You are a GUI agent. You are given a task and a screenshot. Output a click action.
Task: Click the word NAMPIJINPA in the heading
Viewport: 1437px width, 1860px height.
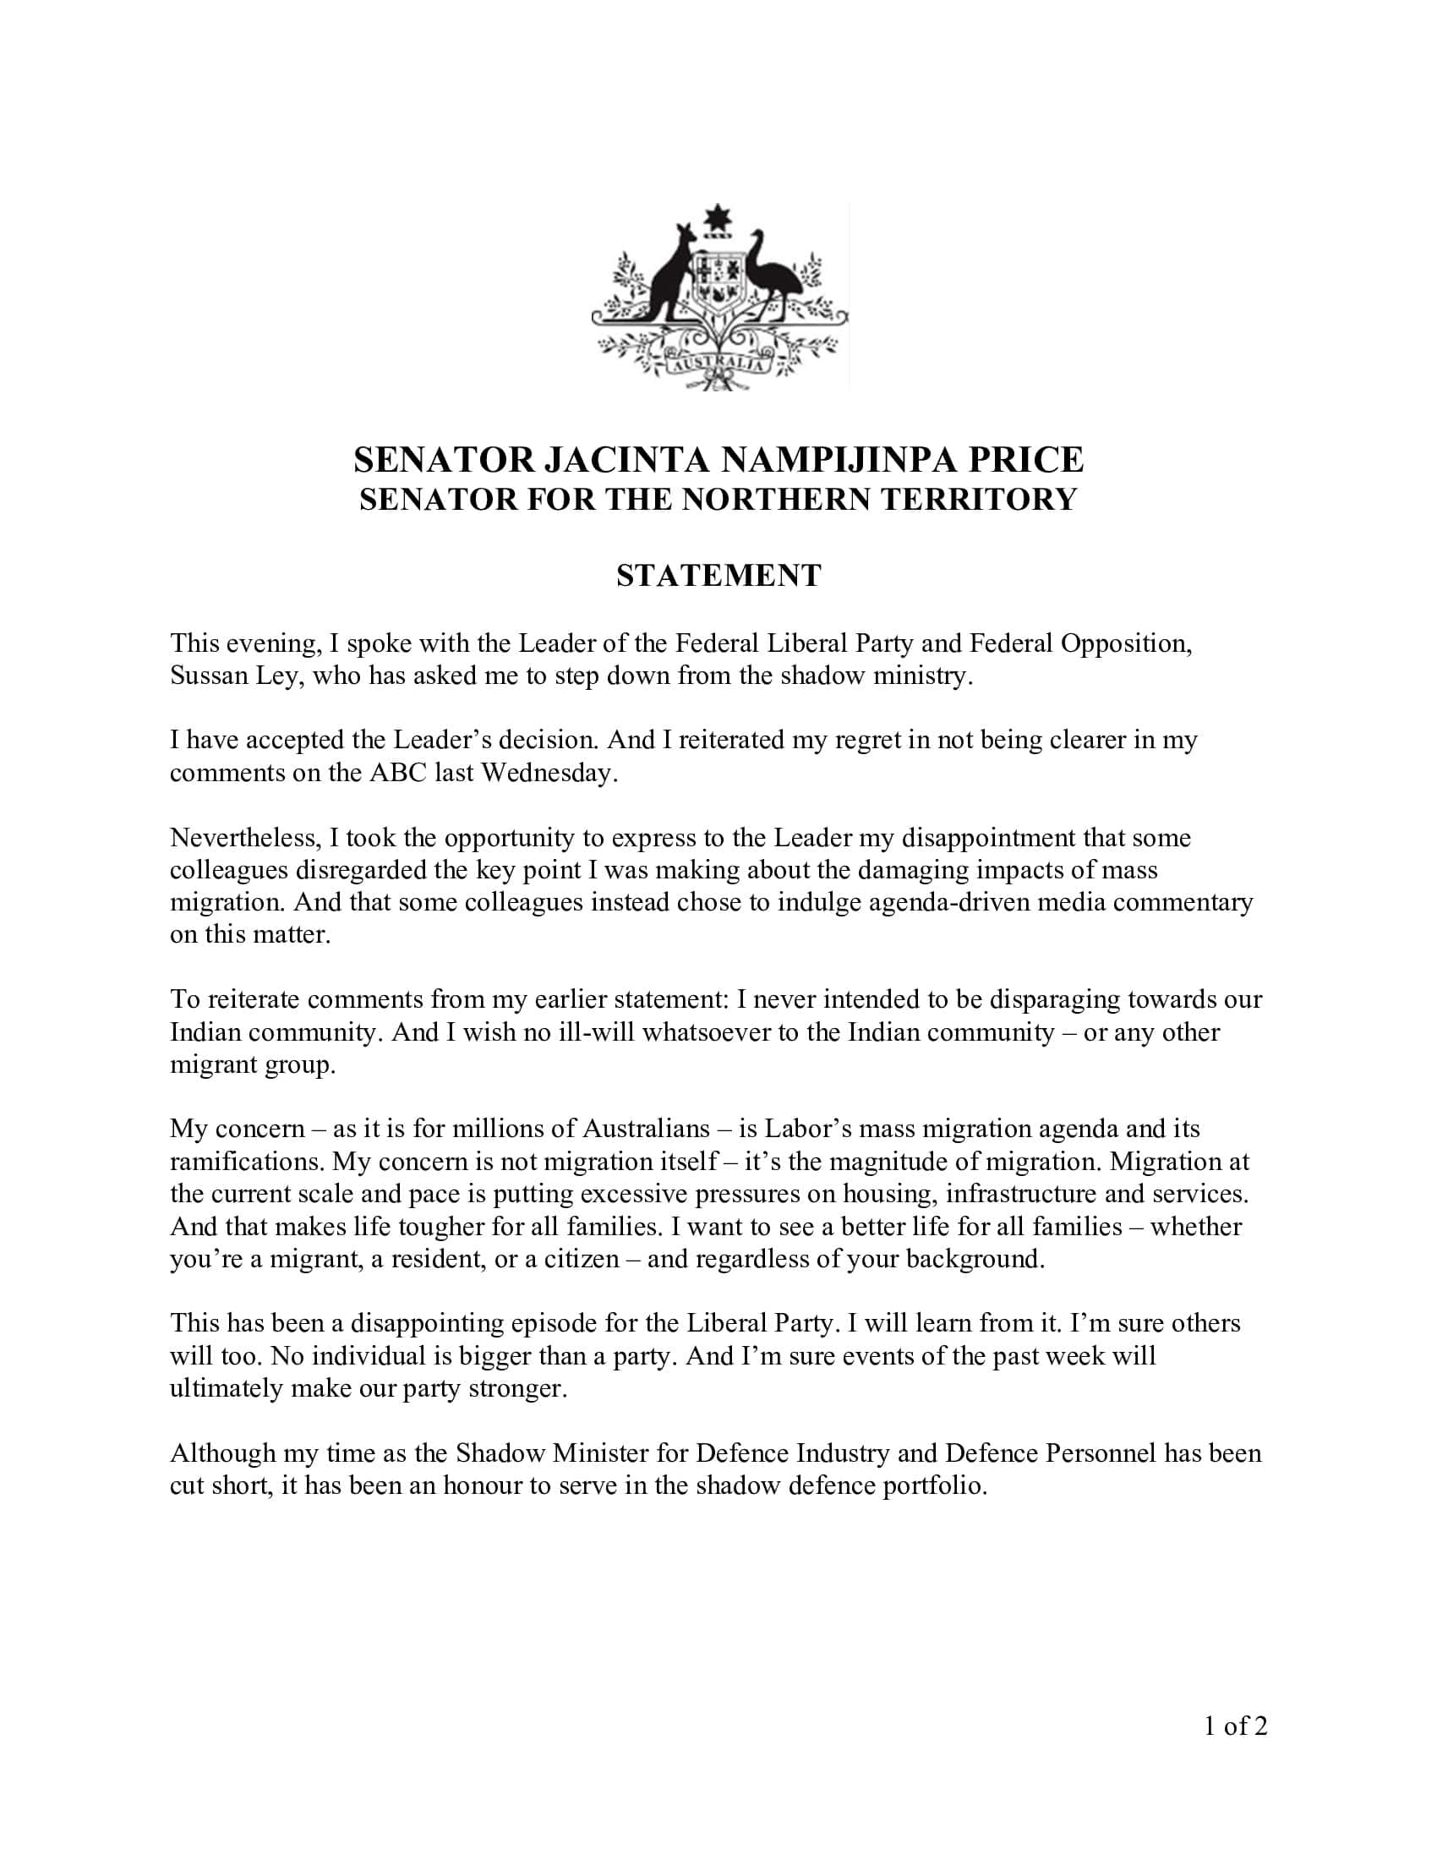830,460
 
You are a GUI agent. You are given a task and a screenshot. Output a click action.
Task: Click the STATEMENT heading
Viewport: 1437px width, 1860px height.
718,576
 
